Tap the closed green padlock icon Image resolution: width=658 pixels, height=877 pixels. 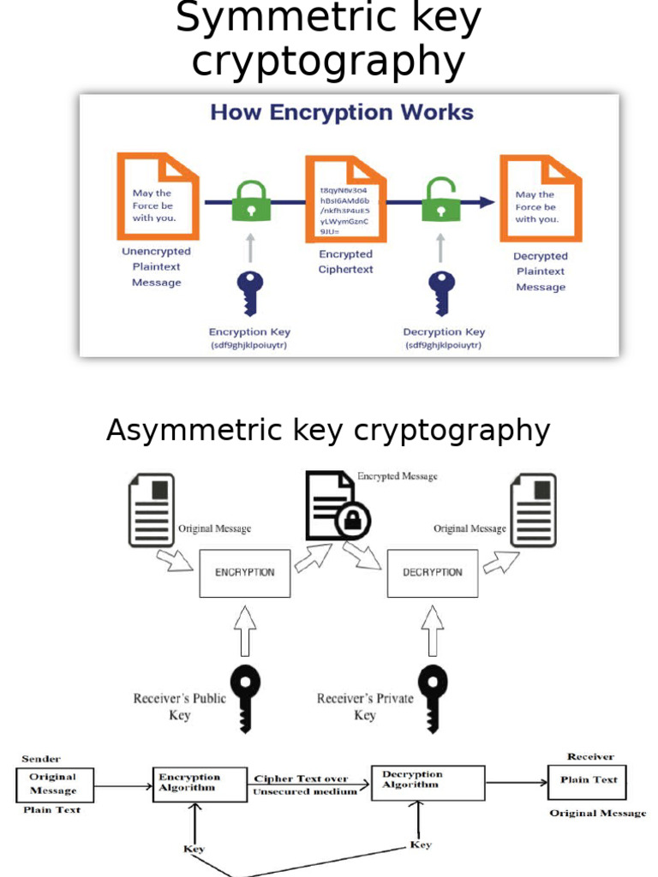click(x=251, y=201)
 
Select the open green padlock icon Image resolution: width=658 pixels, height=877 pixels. click(x=440, y=201)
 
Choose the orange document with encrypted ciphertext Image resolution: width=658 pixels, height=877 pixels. click(x=345, y=199)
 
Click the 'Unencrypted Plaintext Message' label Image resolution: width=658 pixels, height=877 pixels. click(x=156, y=267)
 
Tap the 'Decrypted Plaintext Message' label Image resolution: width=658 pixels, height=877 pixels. click(x=541, y=271)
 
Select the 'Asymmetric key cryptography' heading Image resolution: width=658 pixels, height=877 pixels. click(x=327, y=430)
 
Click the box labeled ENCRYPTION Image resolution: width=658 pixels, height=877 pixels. click(x=245, y=572)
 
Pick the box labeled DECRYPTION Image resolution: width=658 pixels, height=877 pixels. click(x=433, y=572)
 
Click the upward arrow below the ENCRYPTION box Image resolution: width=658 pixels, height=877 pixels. click(x=245, y=629)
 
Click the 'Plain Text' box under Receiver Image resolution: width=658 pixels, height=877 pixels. click(x=588, y=780)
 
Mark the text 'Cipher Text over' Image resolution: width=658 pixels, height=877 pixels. click(x=301, y=779)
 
